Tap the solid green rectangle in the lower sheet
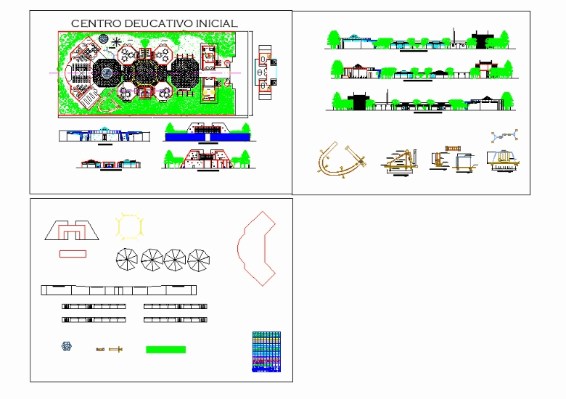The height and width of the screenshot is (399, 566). (165, 350)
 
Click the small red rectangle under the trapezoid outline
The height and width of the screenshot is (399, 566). (73, 253)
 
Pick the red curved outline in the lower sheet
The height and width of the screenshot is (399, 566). (256, 247)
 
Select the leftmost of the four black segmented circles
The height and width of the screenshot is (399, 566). (127, 259)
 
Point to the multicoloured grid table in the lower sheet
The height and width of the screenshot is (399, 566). (266, 351)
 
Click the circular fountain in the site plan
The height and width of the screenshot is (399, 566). (107, 72)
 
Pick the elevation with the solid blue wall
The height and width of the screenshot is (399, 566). (208, 132)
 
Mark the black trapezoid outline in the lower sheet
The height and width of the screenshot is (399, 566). (72, 231)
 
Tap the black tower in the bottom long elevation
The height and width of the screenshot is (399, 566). (361, 101)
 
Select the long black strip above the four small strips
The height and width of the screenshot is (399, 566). (119, 290)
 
